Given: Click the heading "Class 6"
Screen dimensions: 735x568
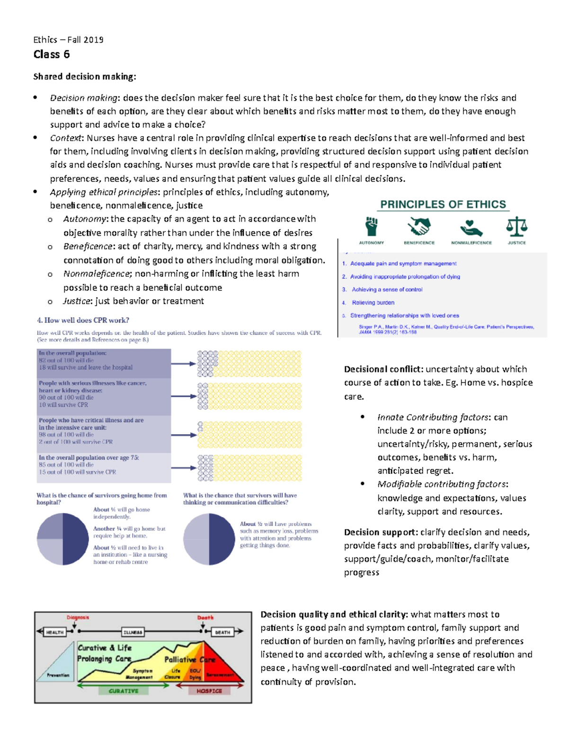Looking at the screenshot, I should (52, 54).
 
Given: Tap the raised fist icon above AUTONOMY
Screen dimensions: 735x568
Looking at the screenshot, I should (372, 227).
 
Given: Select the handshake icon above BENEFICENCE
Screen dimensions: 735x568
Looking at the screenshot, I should (419, 227).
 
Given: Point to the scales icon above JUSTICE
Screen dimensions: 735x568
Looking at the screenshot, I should (516, 227).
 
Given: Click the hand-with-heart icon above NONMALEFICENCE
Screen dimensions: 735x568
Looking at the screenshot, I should (471, 228).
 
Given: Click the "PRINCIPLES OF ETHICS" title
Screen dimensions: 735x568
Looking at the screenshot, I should (443, 204).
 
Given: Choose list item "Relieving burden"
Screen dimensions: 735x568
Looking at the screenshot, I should (373, 302).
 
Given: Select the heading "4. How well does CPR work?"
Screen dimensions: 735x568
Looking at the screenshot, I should (83, 320).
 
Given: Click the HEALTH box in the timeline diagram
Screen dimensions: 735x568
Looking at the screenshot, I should (55, 632).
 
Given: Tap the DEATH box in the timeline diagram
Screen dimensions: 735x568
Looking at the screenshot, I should (222, 632).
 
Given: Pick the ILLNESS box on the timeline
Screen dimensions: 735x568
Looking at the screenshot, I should (133, 632).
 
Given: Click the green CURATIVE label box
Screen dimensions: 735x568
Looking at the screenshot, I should (124, 691).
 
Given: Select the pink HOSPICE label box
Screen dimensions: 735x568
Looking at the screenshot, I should (209, 691).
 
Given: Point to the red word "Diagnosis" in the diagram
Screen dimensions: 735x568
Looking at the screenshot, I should (78, 618).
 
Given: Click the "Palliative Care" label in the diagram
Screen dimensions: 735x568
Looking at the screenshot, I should (190, 659).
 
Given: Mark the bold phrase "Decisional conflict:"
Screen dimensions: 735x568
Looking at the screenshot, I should (383, 369).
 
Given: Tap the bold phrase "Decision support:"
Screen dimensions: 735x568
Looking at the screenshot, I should (381, 532).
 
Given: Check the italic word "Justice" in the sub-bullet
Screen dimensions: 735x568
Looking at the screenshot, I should (77, 301).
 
